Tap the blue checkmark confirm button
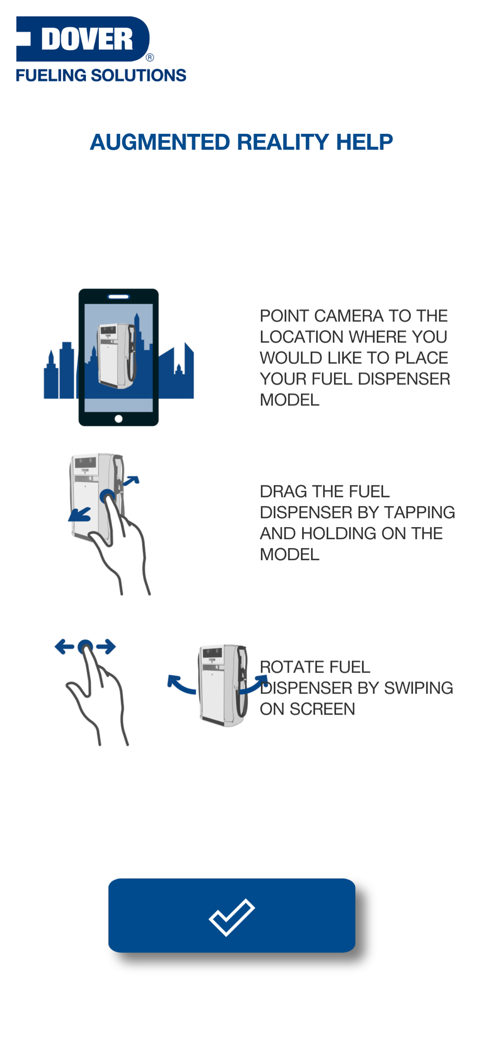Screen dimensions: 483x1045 point(232,915)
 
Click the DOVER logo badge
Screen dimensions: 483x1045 point(83,39)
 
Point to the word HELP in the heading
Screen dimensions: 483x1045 point(364,142)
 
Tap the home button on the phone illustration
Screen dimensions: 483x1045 point(119,419)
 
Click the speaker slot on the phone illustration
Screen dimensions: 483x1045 point(119,297)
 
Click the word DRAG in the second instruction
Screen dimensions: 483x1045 point(284,492)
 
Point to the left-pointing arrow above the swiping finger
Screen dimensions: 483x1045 point(64,647)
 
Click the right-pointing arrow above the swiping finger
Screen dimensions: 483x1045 point(106,647)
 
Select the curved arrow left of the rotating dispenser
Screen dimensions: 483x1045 point(179,684)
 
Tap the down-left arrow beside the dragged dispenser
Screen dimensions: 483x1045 point(79,515)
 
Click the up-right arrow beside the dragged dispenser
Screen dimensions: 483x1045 point(131,480)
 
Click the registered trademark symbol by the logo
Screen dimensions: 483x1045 point(150,57)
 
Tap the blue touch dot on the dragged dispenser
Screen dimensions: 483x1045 point(107,496)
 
